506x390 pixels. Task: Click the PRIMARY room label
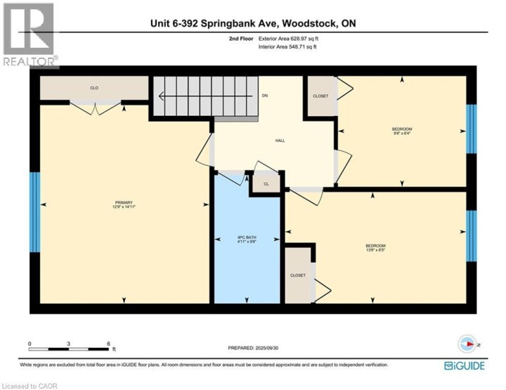(x=122, y=204)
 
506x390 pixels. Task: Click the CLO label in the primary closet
(x=93, y=88)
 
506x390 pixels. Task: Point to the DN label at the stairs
(x=264, y=95)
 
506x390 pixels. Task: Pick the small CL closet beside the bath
(x=266, y=184)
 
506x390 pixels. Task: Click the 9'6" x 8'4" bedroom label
(x=401, y=131)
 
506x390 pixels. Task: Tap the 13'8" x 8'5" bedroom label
(x=375, y=247)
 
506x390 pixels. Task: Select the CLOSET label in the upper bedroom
(x=320, y=96)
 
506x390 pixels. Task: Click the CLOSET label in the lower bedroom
(x=298, y=275)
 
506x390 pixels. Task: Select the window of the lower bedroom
(x=472, y=235)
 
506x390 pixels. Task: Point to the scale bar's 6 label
(x=108, y=344)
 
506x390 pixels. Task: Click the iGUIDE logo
(x=464, y=365)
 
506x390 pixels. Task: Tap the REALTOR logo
(x=30, y=35)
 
